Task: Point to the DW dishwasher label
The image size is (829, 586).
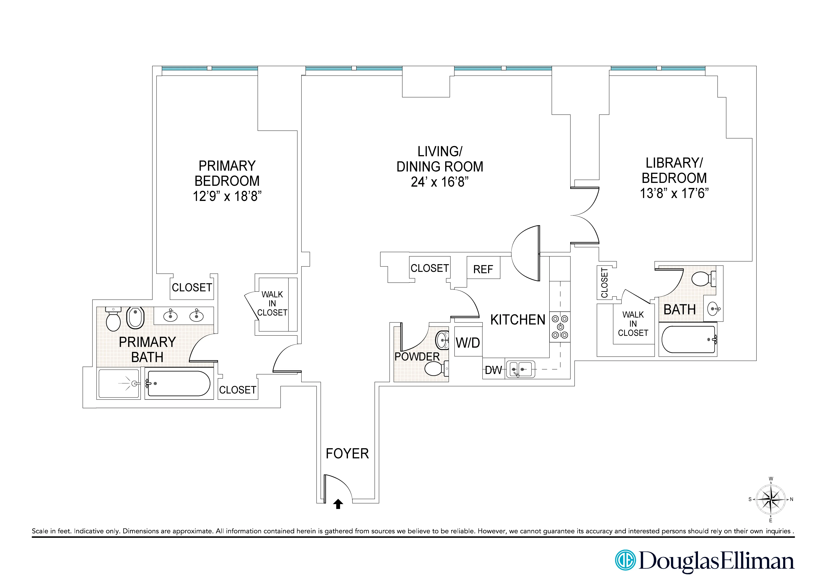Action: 493,370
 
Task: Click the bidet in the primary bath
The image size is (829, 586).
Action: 135,318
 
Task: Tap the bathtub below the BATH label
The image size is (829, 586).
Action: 688,339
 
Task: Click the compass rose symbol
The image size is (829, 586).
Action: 771,500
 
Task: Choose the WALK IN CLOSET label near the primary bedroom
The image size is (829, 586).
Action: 272,304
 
